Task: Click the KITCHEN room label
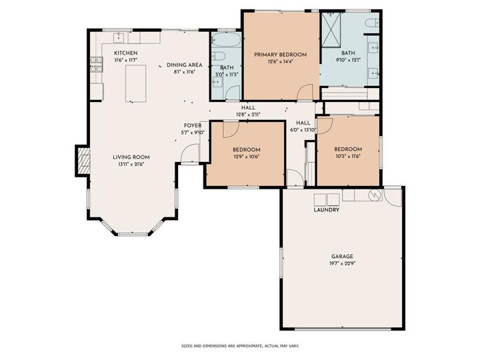(126, 53)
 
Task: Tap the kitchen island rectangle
(136, 83)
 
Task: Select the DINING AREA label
(184, 65)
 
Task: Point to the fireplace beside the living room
(83, 161)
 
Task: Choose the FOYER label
(193, 125)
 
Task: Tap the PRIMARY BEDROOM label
(280, 55)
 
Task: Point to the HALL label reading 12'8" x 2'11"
(248, 107)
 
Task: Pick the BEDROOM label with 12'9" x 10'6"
(246, 149)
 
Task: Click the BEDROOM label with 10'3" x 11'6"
(347, 149)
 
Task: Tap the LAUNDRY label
(327, 210)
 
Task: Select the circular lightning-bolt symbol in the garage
(375, 195)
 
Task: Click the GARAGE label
(342, 256)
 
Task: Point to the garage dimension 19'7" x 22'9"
(342, 264)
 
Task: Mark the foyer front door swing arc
(189, 155)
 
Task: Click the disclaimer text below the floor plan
(240, 346)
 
